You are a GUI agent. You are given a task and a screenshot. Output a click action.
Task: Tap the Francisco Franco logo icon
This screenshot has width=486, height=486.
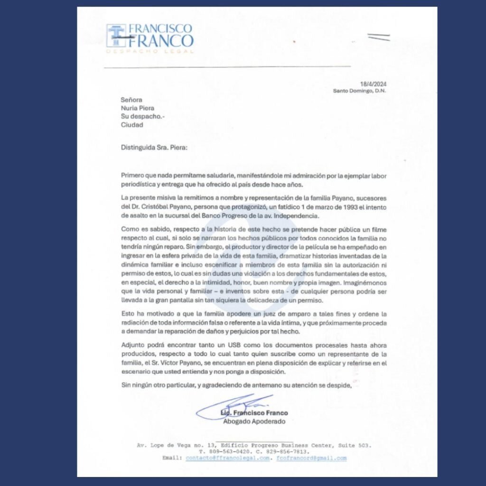pyautogui.click(x=116, y=36)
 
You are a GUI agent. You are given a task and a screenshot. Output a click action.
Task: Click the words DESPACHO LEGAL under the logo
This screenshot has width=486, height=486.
pyautogui.click(x=150, y=51)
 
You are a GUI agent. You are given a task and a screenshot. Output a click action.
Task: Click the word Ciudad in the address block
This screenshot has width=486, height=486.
pyautogui.click(x=132, y=125)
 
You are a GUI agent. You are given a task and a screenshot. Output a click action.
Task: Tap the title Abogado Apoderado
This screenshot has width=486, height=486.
pyautogui.click(x=254, y=421)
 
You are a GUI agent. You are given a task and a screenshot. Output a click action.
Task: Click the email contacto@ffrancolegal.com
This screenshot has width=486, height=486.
pyautogui.click(x=228, y=458)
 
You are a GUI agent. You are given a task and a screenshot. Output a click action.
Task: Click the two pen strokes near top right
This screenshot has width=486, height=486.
pyautogui.click(x=379, y=37)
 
